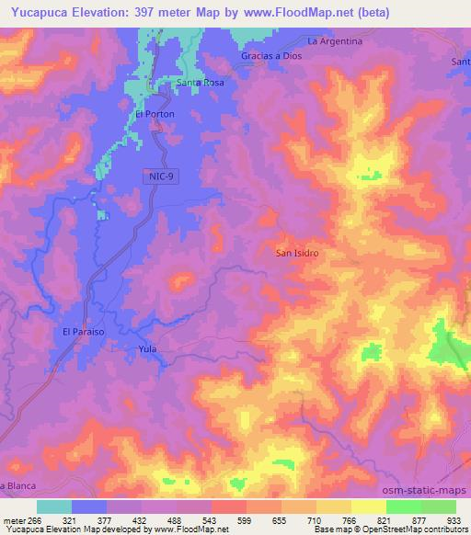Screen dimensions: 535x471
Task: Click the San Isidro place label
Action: click(297, 251)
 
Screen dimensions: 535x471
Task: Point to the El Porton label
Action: click(155, 114)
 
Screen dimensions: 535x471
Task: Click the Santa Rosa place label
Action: click(201, 82)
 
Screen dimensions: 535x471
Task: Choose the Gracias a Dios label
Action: click(271, 56)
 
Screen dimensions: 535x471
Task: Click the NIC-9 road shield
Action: click(161, 175)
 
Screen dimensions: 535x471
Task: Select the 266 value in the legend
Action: click(31, 519)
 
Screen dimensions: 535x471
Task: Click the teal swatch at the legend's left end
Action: click(53, 507)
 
